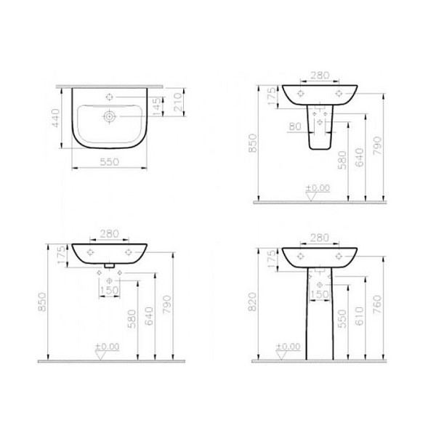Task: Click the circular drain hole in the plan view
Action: tap(110, 115)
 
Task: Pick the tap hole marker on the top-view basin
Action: tap(110, 97)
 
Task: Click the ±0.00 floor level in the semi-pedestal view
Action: tap(317, 188)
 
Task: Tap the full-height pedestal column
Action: tap(320, 320)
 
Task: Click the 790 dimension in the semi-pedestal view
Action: tap(377, 149)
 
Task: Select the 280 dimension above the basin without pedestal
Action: tap(109, 233)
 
